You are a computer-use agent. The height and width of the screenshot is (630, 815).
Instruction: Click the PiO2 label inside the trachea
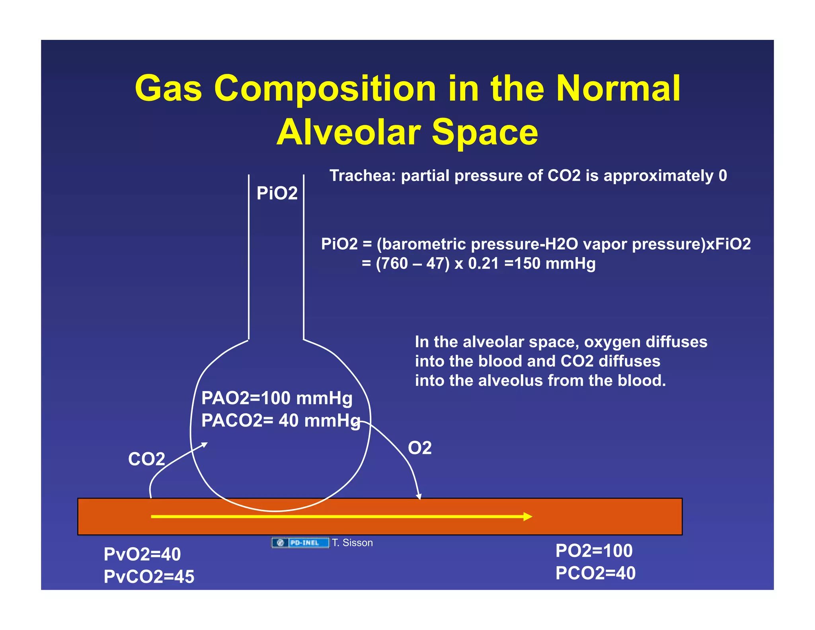point(277,194)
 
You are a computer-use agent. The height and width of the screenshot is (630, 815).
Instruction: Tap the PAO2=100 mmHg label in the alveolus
point(277,398)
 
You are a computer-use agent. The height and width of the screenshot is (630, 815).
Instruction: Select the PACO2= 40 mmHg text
point(281,421)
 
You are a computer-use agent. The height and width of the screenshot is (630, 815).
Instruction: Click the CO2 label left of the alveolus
point(146,459)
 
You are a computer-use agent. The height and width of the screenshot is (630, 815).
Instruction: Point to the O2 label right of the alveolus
point(419,448)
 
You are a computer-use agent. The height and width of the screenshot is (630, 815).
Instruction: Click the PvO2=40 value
point(142,554)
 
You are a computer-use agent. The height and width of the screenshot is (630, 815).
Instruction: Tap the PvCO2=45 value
point(149,577)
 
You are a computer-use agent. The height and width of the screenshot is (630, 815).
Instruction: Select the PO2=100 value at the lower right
point(594,551)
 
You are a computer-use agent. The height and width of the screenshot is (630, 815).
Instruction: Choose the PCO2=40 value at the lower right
point(595,573)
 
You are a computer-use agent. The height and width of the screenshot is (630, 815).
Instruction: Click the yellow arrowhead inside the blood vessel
point(528,517)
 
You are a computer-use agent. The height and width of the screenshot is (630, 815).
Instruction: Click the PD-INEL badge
point(300,543)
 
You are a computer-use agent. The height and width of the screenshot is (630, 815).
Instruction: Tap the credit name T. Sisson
point(353,543)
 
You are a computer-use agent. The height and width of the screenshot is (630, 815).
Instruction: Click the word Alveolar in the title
point(349,132)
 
